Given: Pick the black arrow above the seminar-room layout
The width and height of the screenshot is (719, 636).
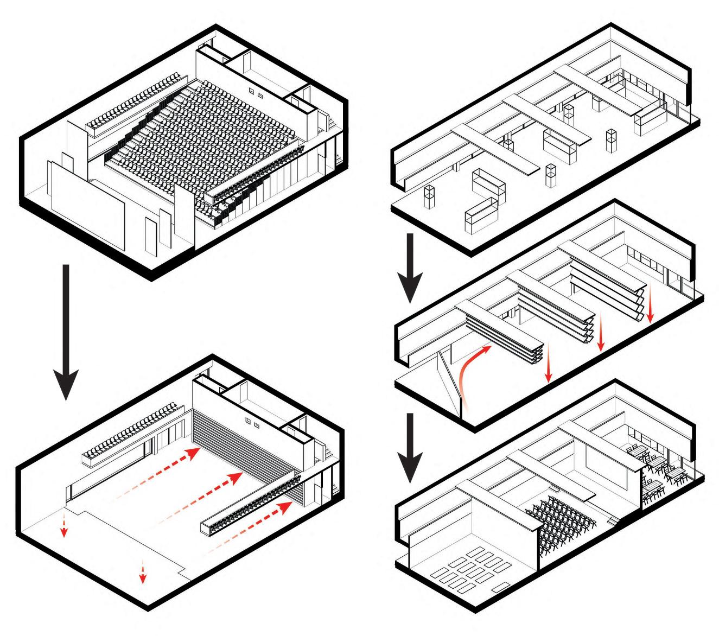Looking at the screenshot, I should pyautogui.click(x=411, y=447).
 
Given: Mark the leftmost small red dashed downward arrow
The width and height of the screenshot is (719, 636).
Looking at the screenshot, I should pyautogui.click(x=64, y=523).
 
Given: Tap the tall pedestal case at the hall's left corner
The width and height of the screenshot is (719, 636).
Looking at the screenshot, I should pyautogui.click(x=430, y=198).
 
